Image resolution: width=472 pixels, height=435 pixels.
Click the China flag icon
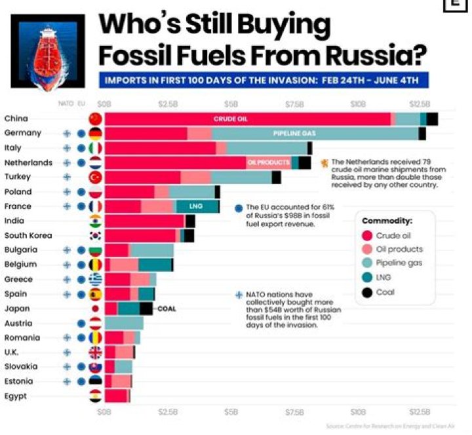pos(96,119)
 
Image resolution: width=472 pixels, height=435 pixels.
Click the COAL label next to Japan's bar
pos(167,309)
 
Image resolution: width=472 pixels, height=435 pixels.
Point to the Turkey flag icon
pos(96,177)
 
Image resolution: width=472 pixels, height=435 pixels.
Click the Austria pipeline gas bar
pos(124,323)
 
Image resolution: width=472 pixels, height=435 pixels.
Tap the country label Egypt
pos(16,396)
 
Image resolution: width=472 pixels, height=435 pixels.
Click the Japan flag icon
pos(96,309)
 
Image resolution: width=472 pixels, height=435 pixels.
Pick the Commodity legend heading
pos(387,221)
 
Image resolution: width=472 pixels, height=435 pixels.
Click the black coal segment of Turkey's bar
pos(276,177)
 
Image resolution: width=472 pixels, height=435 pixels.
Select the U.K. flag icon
pos(96,352)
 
